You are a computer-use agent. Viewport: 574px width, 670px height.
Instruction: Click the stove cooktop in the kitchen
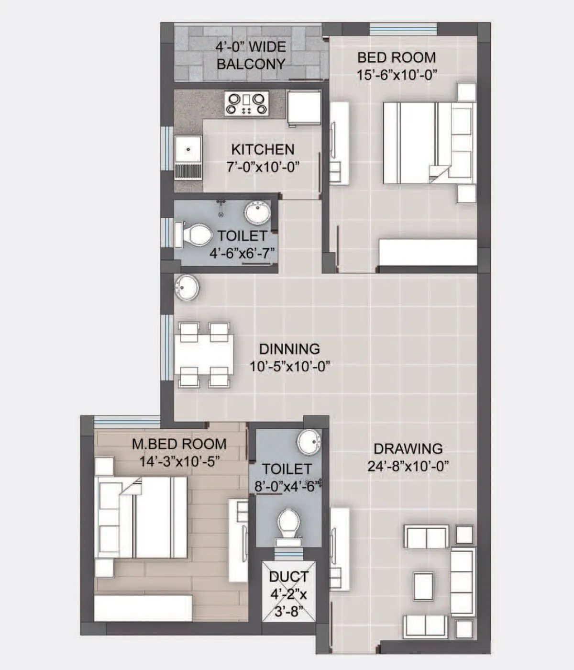246,104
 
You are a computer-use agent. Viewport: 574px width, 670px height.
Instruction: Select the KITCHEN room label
263,149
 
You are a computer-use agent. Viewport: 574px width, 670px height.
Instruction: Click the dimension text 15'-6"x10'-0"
397,75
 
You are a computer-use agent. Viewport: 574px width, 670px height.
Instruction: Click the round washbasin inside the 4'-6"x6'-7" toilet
257,212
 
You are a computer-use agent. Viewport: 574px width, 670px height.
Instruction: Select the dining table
204,354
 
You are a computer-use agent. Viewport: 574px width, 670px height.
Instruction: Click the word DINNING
289,348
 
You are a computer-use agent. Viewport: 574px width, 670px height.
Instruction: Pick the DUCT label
288,577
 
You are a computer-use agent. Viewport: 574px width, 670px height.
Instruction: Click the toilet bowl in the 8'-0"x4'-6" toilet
288,523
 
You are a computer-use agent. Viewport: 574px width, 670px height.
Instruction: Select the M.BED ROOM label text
179,444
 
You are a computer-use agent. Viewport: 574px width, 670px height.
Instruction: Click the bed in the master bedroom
143,517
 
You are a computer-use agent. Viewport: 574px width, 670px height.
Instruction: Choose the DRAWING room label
408,448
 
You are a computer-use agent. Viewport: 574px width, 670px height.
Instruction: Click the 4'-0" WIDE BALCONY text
251,55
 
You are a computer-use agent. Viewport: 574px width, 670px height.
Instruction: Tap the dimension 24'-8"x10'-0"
408,466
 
